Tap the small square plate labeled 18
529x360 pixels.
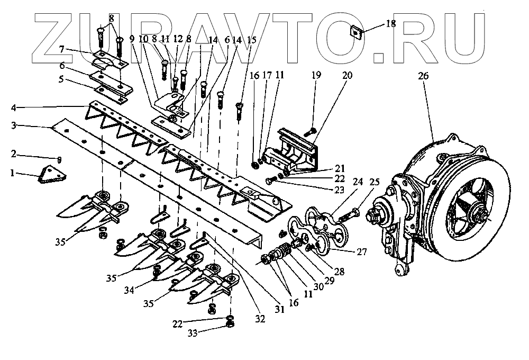point(356,30)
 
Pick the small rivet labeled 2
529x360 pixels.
point(59,159)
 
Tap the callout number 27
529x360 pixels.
point(362,251)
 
